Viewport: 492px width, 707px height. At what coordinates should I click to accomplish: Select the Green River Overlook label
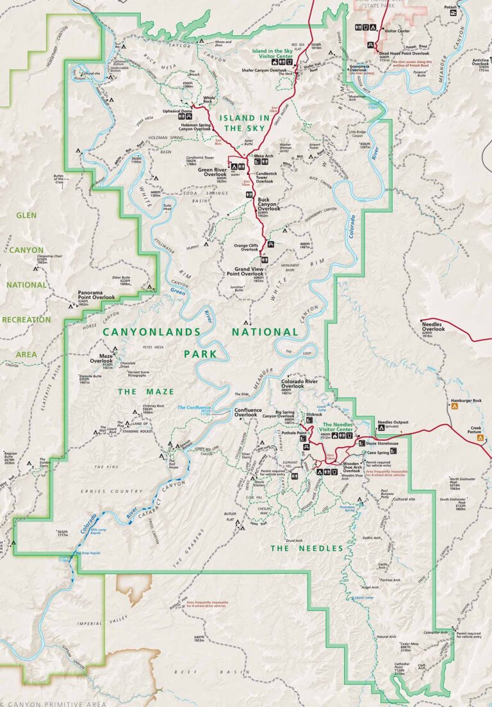tap(212, 172)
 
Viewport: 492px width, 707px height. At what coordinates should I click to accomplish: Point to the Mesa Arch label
tap(265, 156)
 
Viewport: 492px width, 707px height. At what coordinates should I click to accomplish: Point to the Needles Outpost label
tap(395, 423)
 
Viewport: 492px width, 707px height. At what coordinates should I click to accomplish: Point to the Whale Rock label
tap(209, 99)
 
